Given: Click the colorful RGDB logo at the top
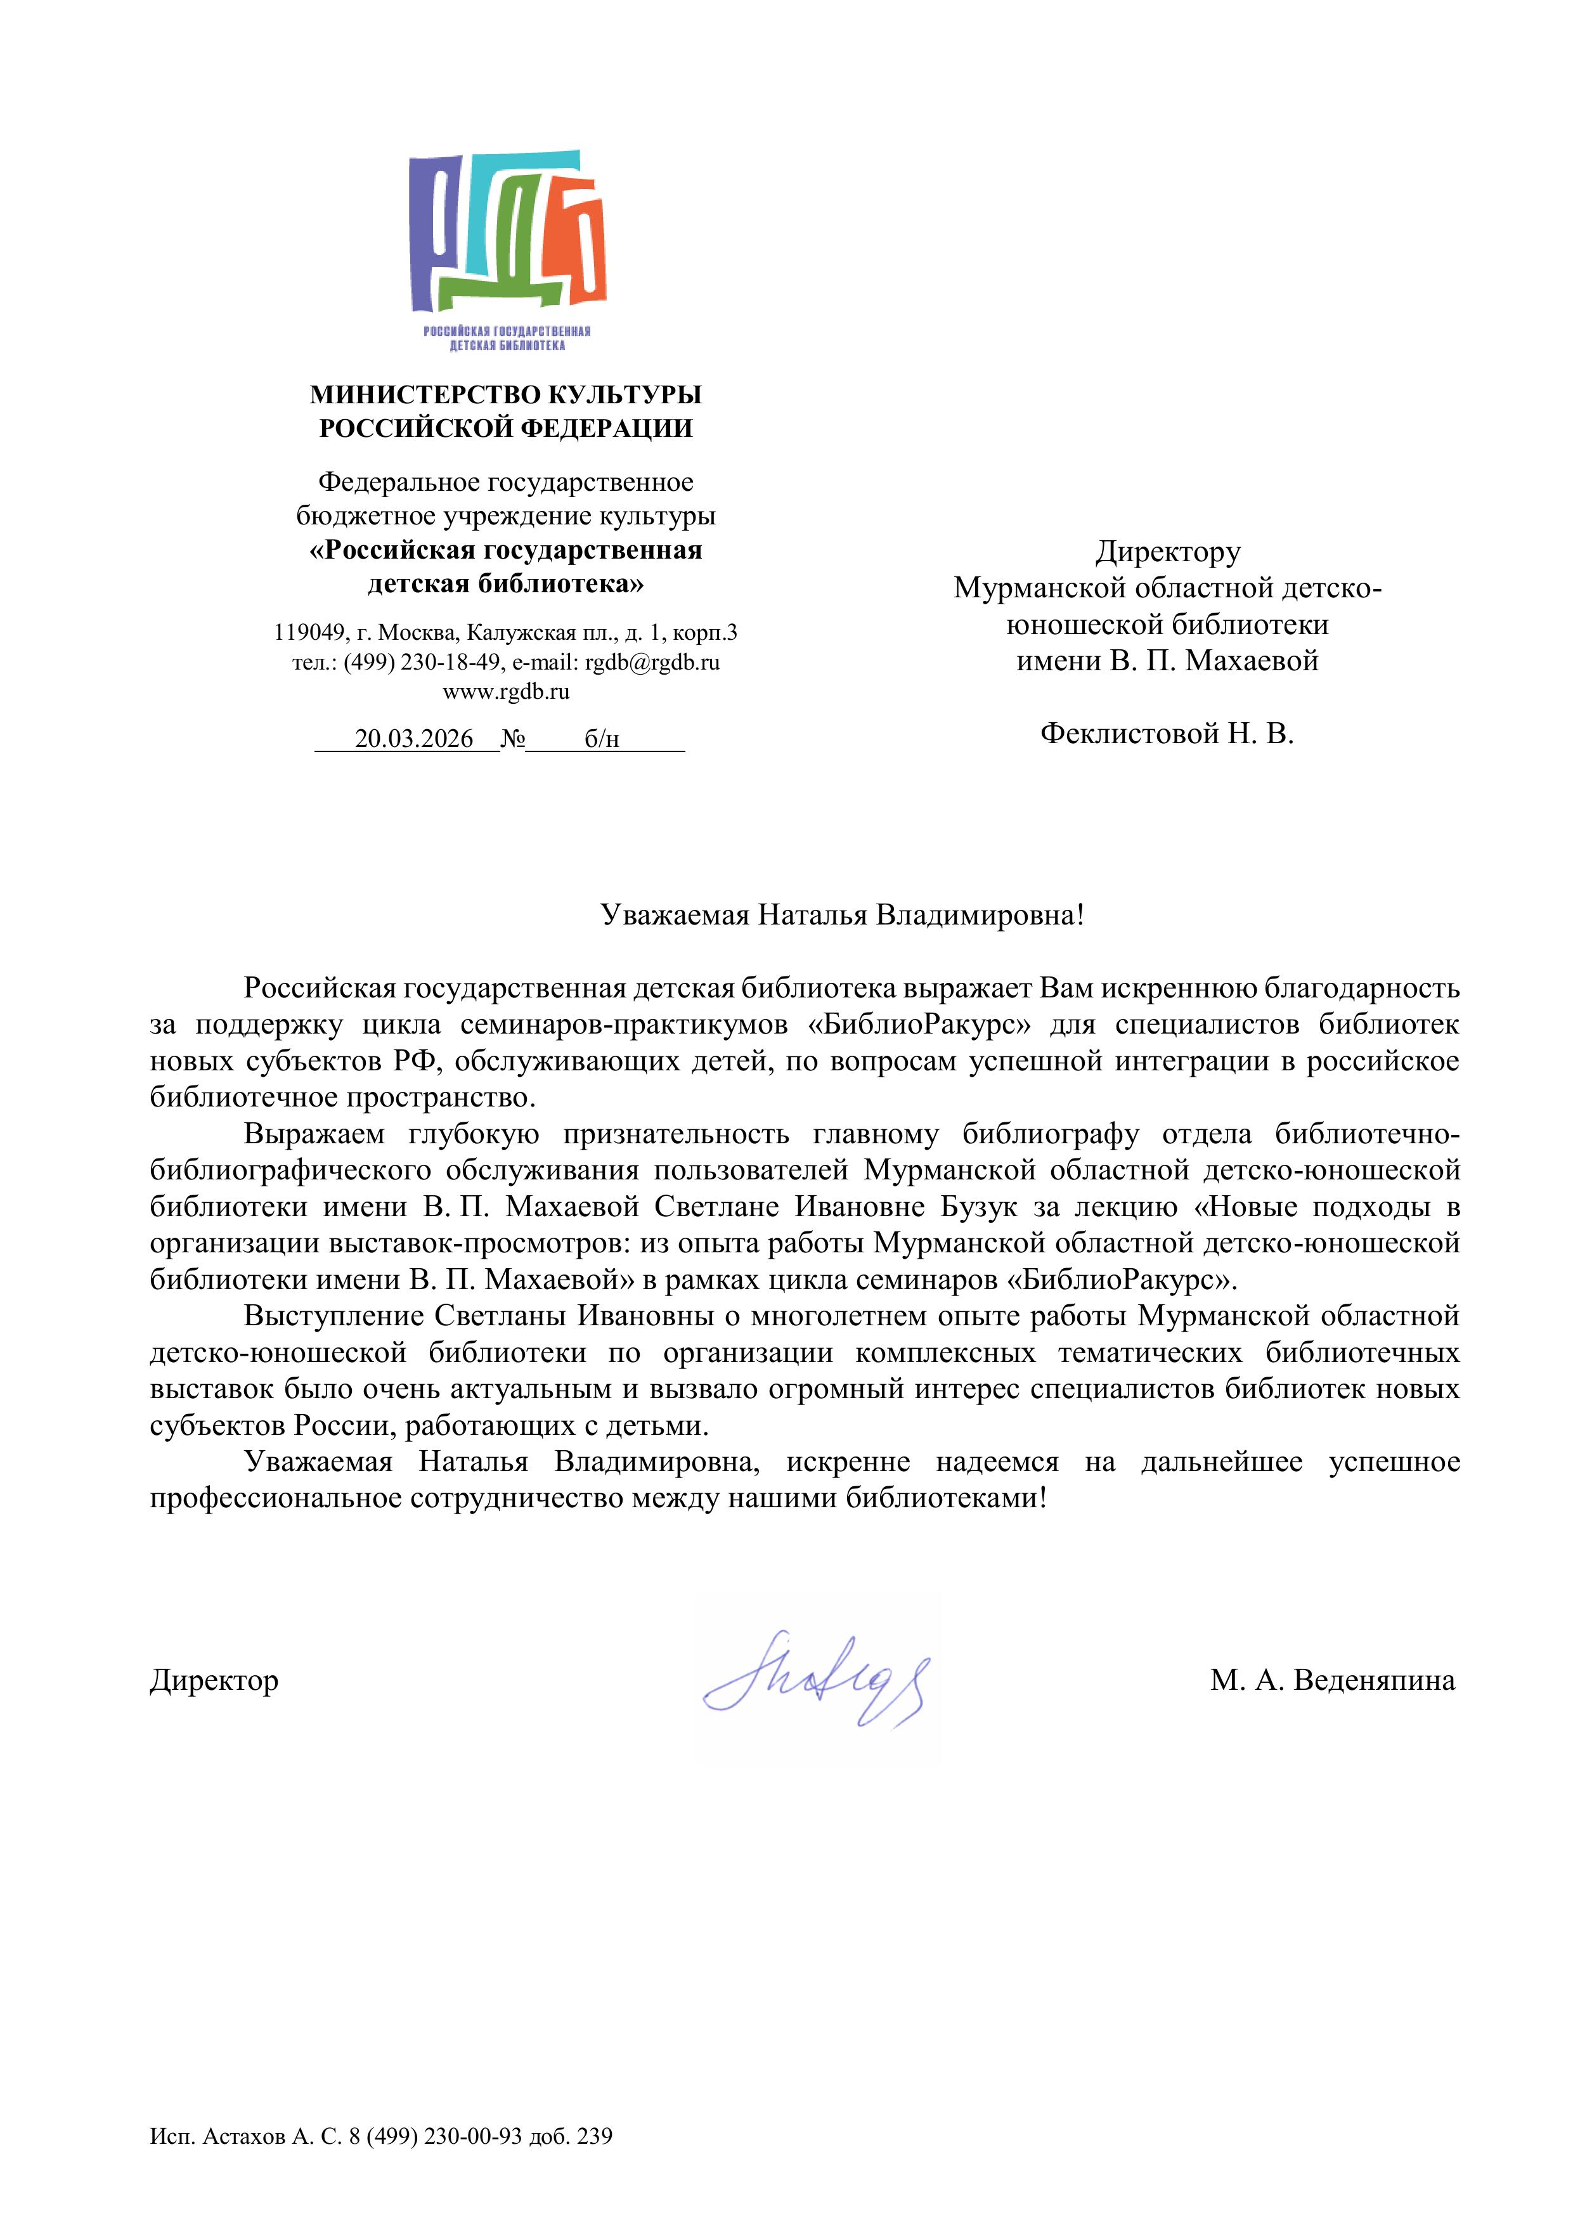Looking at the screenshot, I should coord(507,247).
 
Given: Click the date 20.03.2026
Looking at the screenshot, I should coord(414,739).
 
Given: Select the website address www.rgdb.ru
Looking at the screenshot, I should coord(506,692).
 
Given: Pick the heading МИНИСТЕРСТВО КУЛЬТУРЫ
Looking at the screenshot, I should coord(506,394).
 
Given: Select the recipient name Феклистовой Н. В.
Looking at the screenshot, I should coord(1167,734).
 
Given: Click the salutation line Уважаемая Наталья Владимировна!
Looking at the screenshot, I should coord(842,915).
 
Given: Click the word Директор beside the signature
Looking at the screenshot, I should coord(214,1680).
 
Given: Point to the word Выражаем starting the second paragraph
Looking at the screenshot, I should coord(314,1134).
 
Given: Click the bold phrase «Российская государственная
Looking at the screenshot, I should coord(506,550).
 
